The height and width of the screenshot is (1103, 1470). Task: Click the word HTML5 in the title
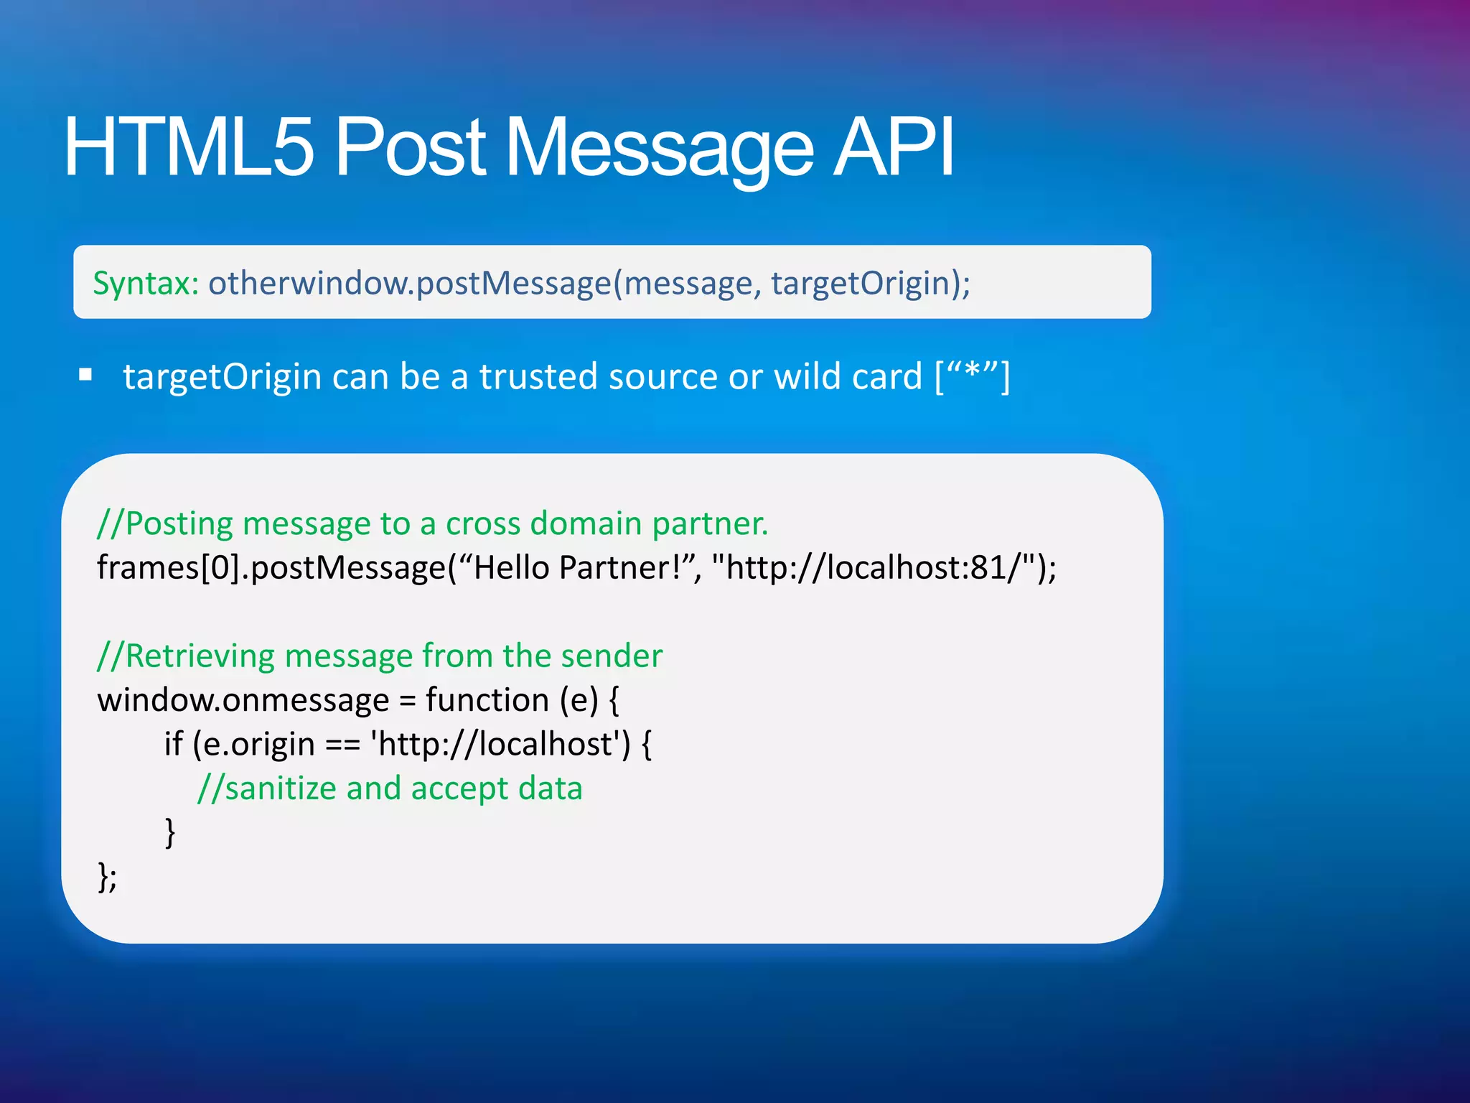click(x=189, y=147)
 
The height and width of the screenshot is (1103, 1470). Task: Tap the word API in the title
click(x=893, y=147)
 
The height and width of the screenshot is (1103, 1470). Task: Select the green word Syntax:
click(x=146, y=283)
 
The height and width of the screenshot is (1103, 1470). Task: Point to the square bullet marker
click(x=86, y=374)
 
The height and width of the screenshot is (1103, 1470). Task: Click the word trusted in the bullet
click(x=538, y=376)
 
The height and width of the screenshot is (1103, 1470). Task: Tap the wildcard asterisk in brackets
click(x=973, y=373)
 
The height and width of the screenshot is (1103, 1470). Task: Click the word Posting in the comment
click(x=179, y=523)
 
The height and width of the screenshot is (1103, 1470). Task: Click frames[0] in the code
click(x=168, y=567)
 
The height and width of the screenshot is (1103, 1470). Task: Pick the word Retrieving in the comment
click(x=200, y=656)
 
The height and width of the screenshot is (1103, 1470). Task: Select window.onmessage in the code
click(x=243, y=700)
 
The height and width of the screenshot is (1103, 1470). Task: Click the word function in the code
click(x=487, y=700)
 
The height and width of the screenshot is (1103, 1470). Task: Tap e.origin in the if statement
click(x=259, y=744)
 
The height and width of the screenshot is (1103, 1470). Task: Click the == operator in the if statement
click(x=342, y=745)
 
